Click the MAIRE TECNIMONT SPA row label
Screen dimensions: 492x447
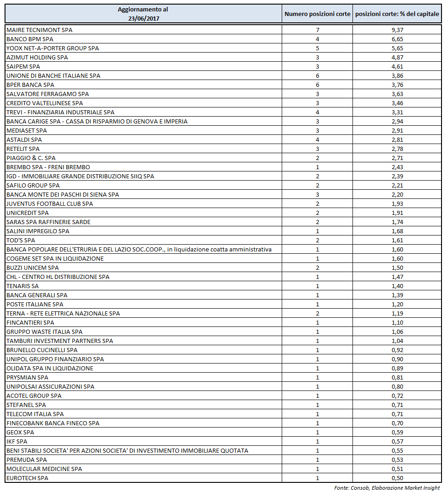39,30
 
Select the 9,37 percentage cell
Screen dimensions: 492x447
397,30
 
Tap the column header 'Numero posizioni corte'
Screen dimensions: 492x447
317,14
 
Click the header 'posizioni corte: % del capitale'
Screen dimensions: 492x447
397,14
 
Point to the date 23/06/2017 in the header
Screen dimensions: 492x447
142,18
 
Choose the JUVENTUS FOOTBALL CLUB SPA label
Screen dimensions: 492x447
50,203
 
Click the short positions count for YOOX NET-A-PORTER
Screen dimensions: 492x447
317,48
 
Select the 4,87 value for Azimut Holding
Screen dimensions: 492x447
397,57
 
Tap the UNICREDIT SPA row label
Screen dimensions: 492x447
27,213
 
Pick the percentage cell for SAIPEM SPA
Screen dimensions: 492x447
397,66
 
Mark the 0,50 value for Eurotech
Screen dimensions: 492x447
397,478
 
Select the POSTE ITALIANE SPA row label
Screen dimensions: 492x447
35,304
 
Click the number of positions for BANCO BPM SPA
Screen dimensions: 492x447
317,39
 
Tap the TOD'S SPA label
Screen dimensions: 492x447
21,240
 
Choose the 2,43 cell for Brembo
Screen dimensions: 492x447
397,167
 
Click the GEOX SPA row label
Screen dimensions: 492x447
20,432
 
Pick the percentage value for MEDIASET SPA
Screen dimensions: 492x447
397,130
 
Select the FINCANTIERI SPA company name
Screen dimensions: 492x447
30,322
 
